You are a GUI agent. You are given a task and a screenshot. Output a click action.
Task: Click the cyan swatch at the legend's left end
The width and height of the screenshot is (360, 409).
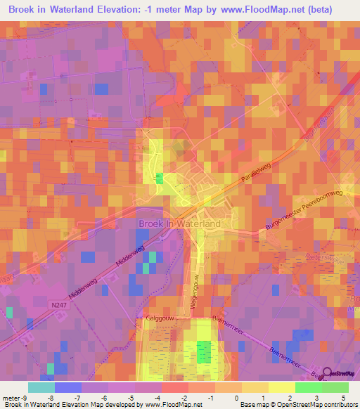pyautogui.click(x=41, y=387)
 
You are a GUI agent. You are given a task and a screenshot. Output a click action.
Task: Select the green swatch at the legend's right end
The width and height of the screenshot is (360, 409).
pyautogui.click(x=335, y=387)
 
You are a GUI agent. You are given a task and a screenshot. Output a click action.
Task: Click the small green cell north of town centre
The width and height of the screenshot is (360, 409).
pyautogui.click(x=160, y=178)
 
